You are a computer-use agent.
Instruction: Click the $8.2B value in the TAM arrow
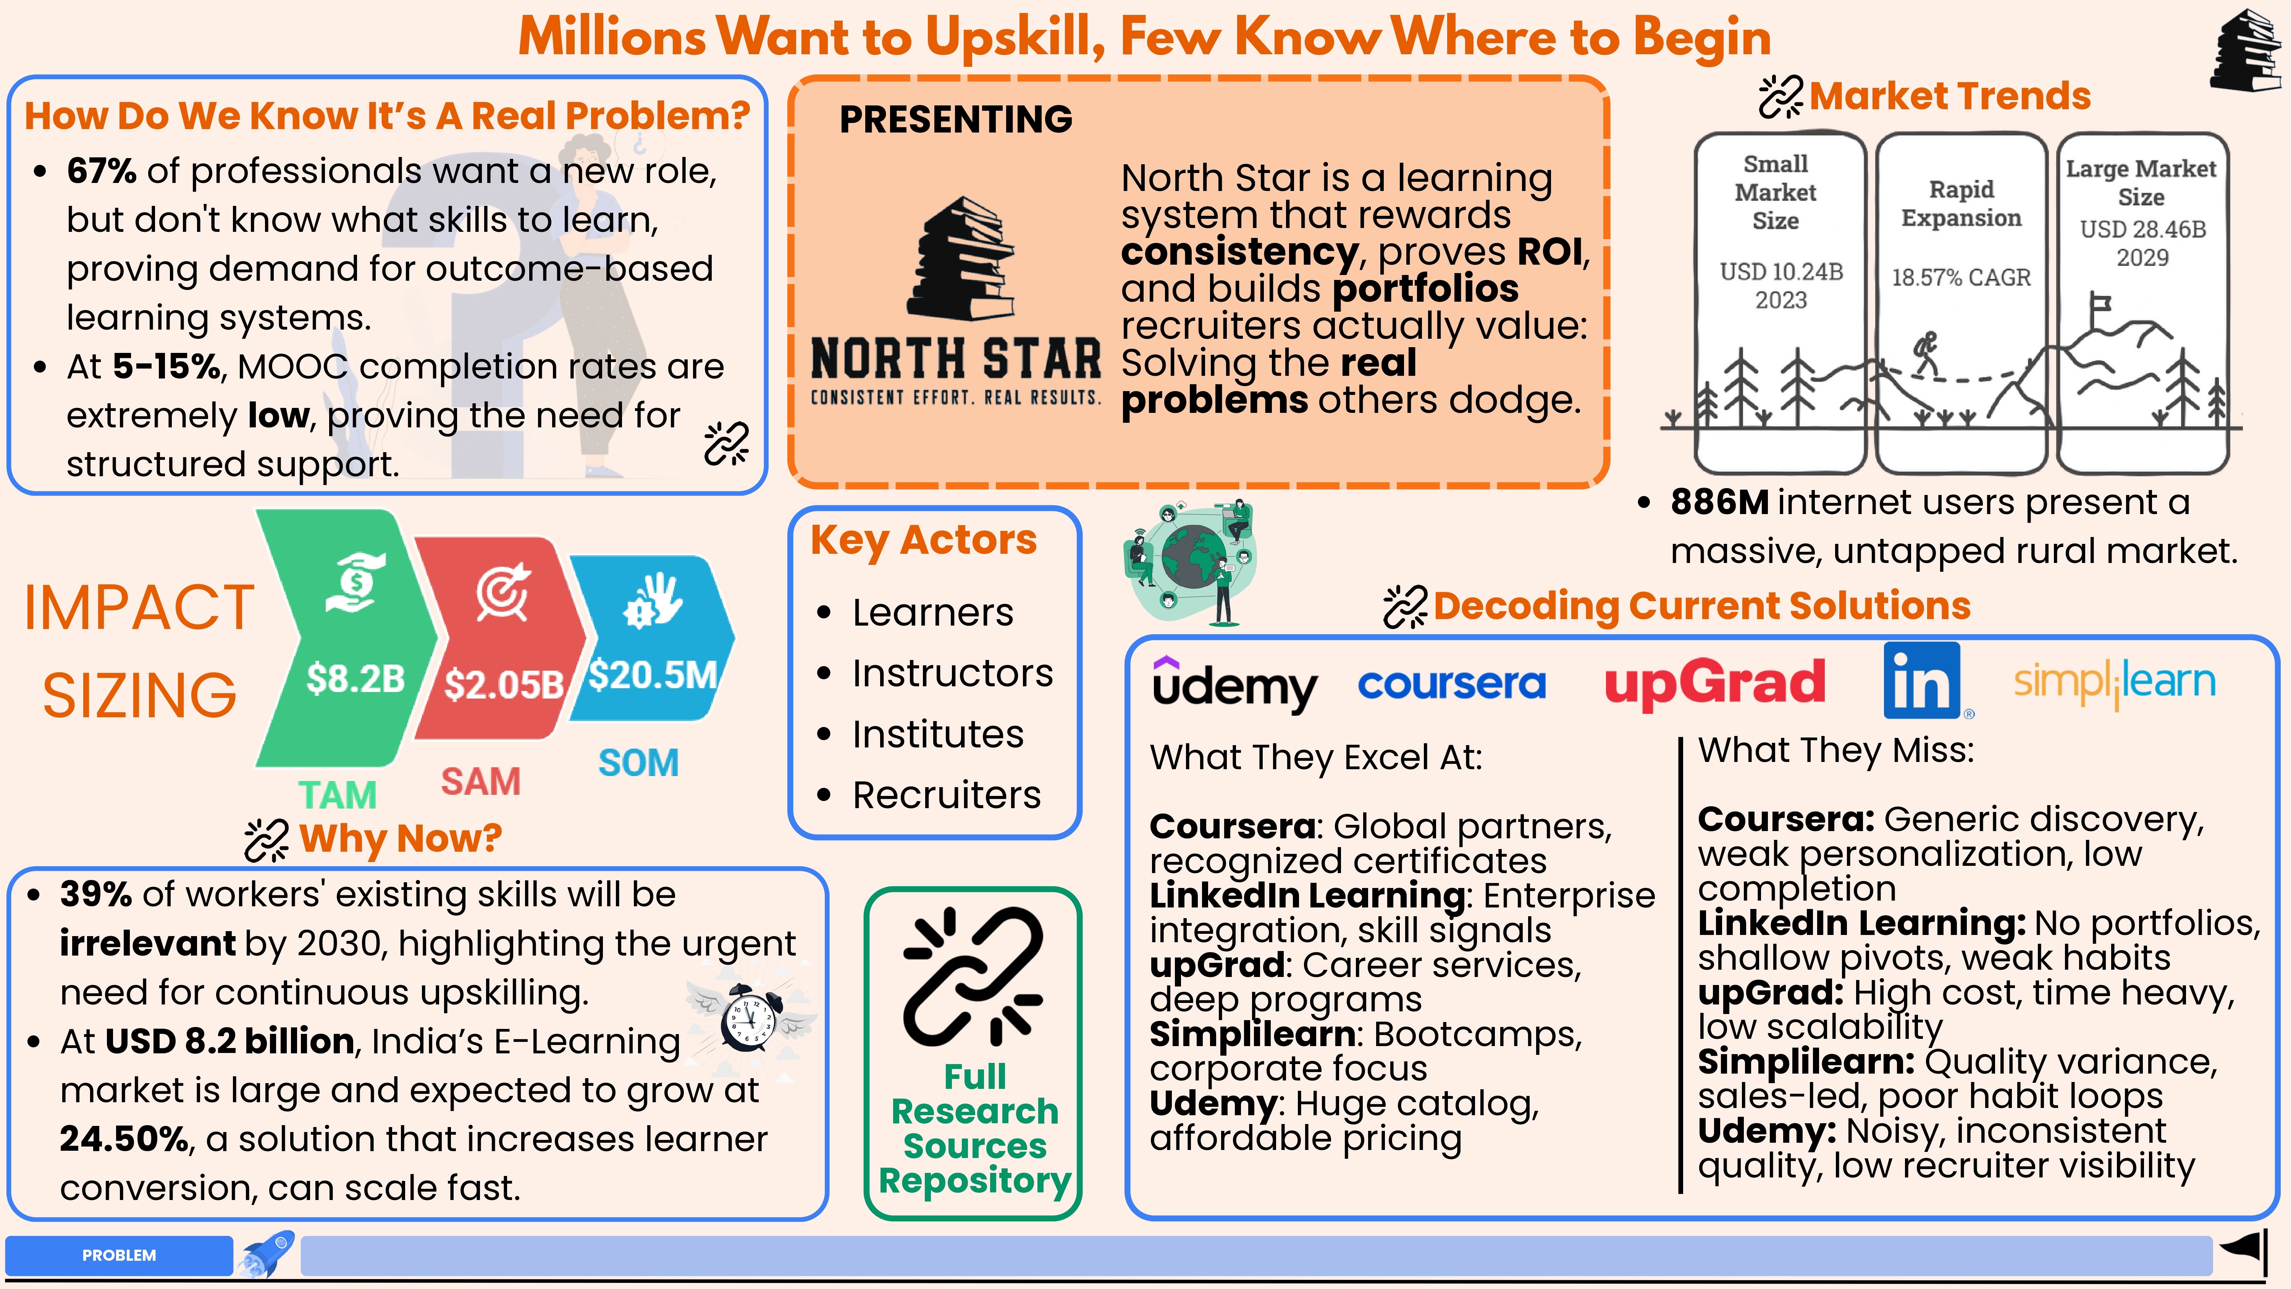click(356, 679)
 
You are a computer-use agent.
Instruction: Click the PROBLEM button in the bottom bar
click(119, 1255)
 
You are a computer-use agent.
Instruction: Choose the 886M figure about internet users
click(1719, 503)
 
